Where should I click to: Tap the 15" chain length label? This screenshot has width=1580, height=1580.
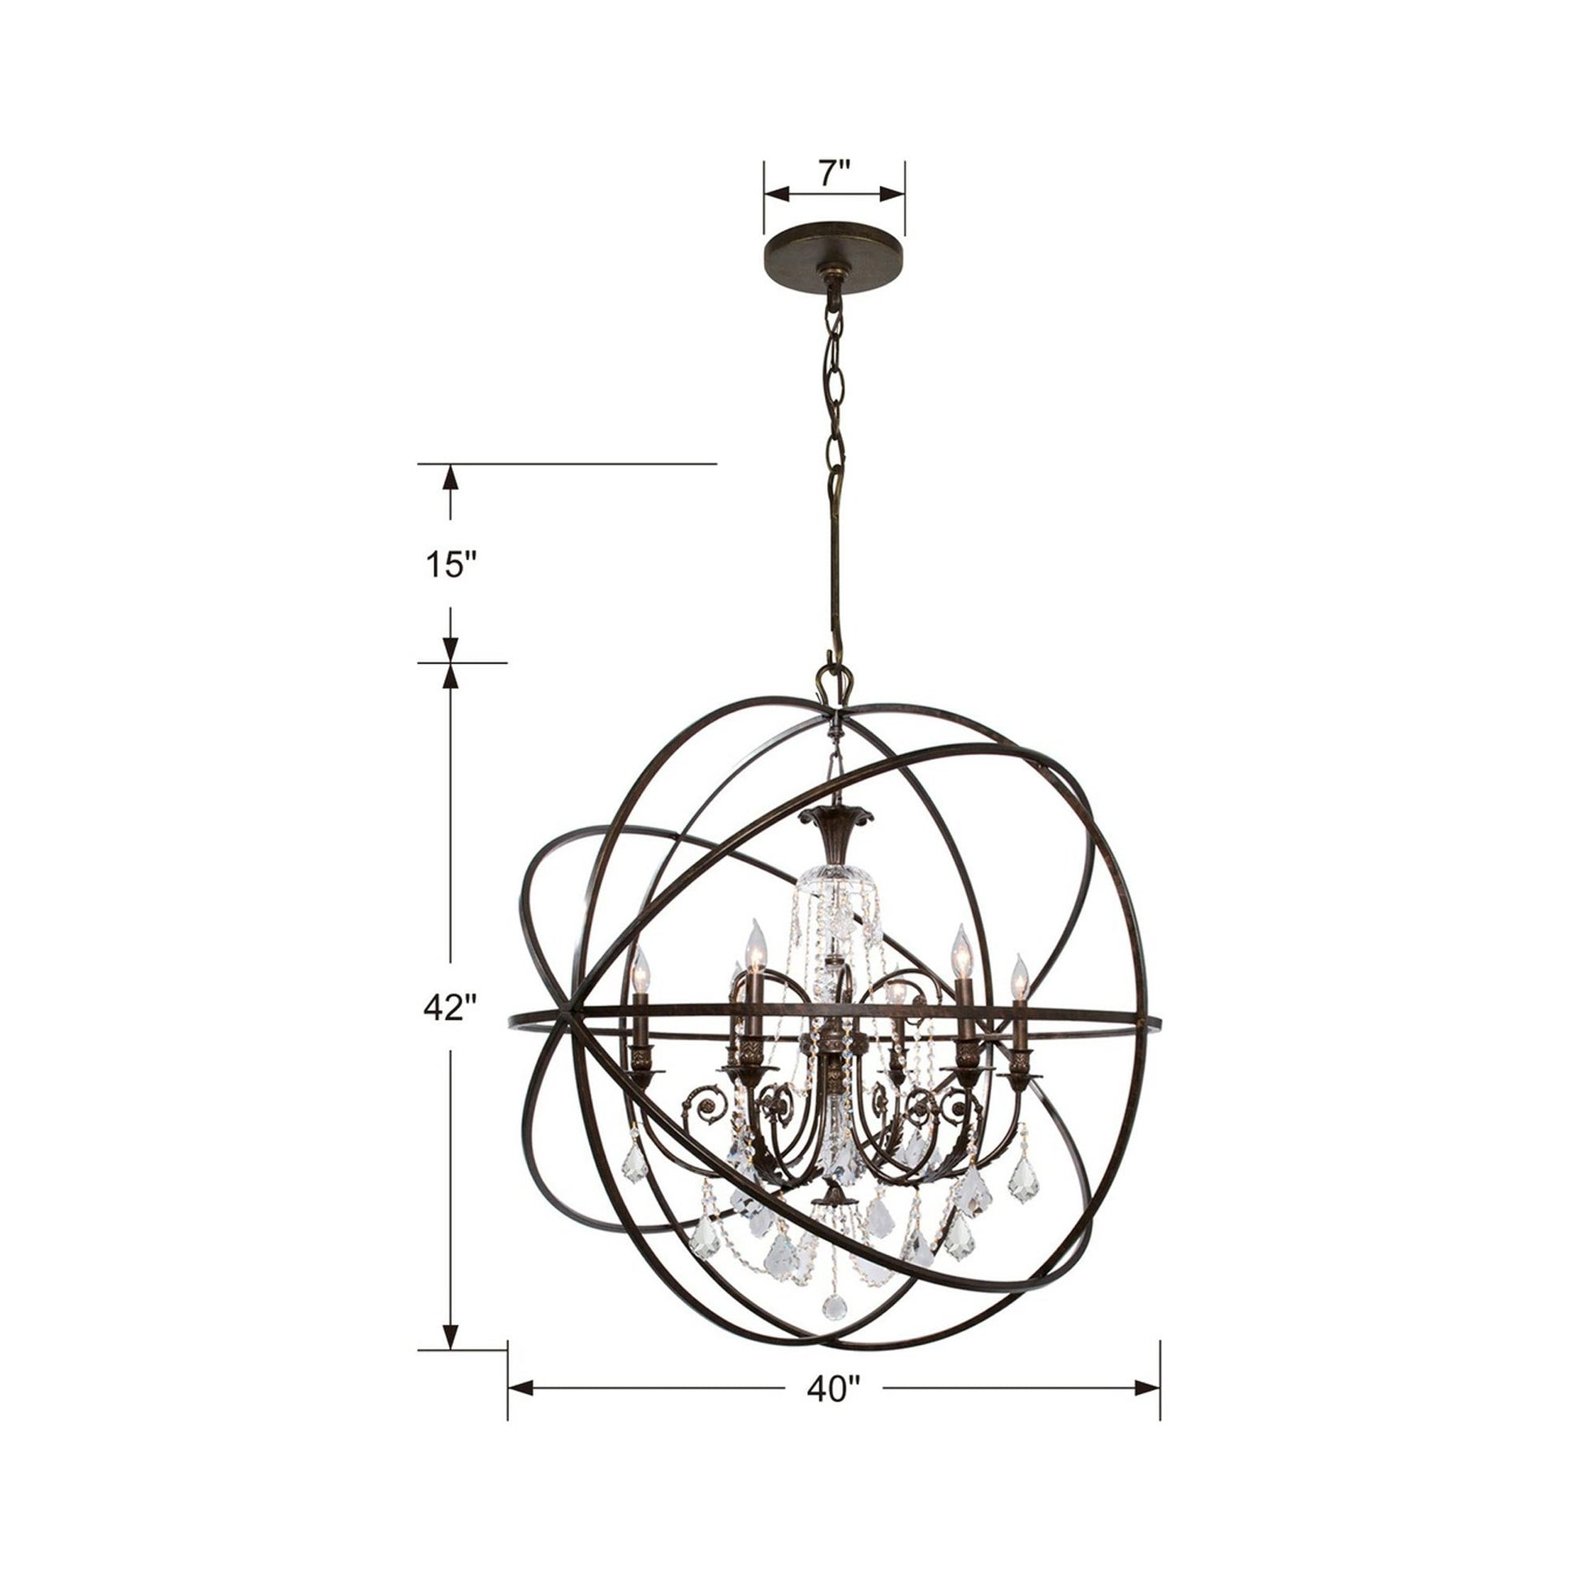pyautogui.click(x=449, y=563)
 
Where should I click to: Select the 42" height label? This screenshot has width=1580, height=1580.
pyautogui.click(x=450, y=1008)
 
